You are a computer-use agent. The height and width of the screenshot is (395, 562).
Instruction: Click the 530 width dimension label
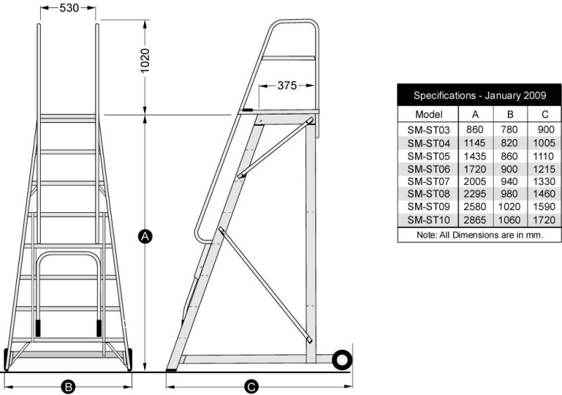(x=68, y=8)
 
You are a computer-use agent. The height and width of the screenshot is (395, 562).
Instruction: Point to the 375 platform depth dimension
(x=286, y=86)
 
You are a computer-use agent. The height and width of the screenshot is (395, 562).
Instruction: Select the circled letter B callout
(x=68, y=386)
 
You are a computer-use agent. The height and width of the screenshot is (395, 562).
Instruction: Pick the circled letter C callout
(x=251, y=386)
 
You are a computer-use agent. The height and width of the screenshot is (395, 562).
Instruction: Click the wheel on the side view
(x=342, y=360)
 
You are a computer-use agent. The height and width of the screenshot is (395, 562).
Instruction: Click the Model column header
(x=429, y=114)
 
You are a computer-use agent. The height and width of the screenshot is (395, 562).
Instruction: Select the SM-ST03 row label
(x=429, y=130)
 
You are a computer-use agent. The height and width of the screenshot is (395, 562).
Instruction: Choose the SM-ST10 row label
(x=429, y=220)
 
